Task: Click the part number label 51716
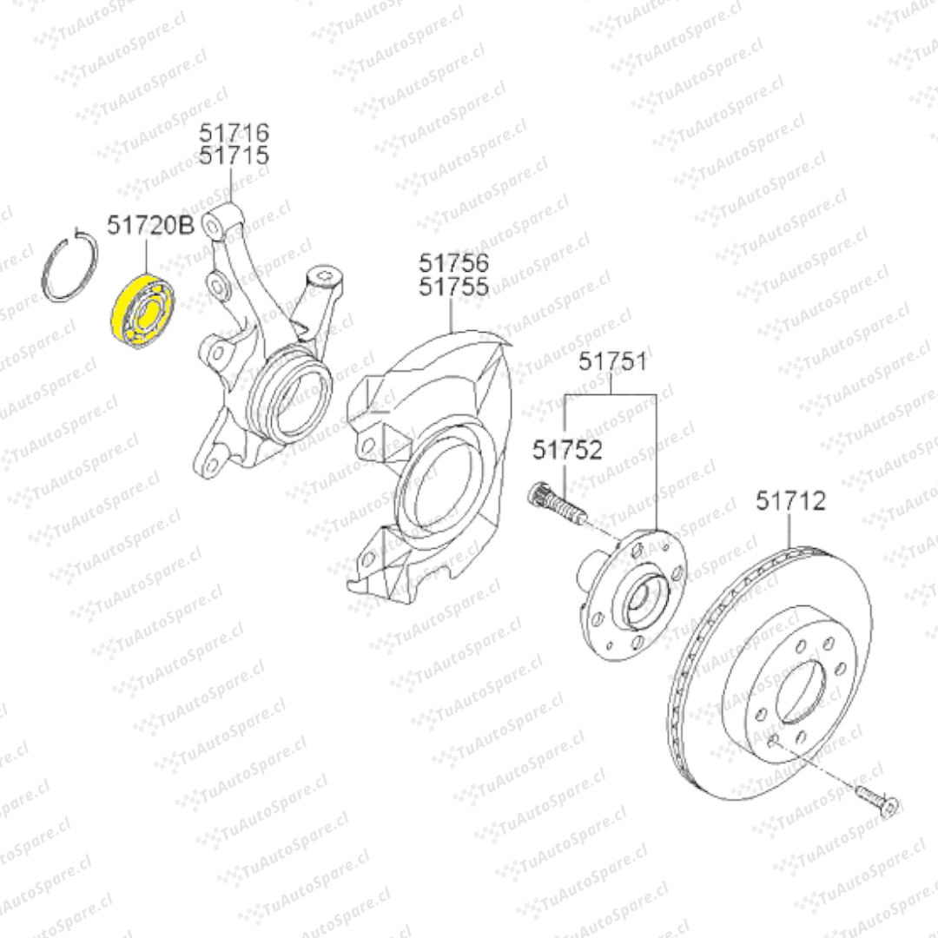tap(234, 132)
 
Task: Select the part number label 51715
tap(234, 155)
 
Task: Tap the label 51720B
tap(151, 226)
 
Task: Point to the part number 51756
tap(453, 262)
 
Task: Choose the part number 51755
tap(453, 287)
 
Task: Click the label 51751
tap(612, 361)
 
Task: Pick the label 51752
tap(567, 450)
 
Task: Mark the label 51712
tap(790, 501)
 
